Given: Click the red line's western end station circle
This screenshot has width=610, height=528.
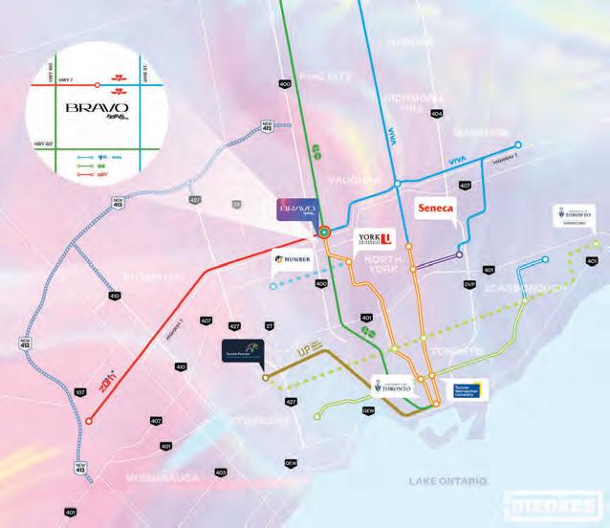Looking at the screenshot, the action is tap(88, 421).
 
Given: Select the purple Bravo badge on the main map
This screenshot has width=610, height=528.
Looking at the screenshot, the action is tap(290, 210).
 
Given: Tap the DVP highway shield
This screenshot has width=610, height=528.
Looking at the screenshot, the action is tap(468, 285).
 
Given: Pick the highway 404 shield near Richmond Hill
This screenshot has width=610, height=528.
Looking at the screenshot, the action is tap(437, 114).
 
